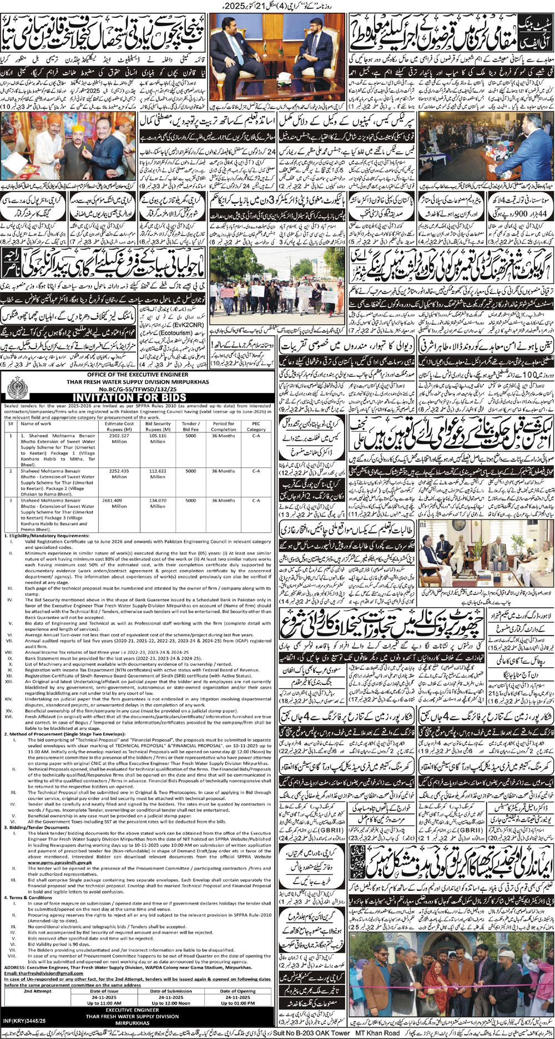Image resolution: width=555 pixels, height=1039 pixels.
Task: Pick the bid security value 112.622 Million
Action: tap(158, 473)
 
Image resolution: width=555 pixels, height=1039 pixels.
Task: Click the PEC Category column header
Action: tap(256, 426)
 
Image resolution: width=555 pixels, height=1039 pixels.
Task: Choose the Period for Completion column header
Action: tap(224, 426)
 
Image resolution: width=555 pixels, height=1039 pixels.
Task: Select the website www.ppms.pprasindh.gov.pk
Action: tap(33, 863)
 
